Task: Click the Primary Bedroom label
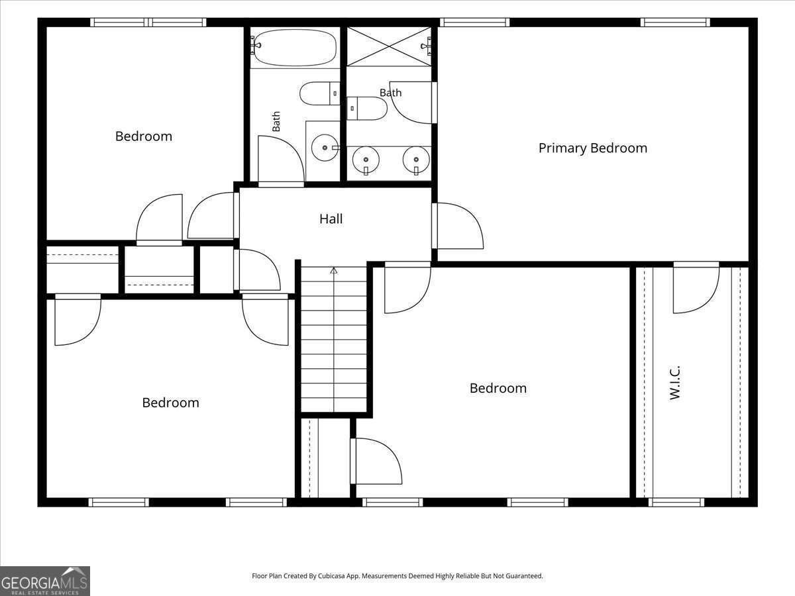tap(592, 148)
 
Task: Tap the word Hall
tap(331, 219)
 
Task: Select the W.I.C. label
tap(674, 383)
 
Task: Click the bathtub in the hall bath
tap(294, 48)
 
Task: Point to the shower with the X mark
tap(390, 46)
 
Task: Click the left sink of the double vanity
tap(366, 160)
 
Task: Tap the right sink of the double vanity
tap(416, 160)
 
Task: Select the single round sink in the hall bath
tap(325, 148)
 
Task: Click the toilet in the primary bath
tap(367, 108)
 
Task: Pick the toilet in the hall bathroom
tap(320, 93)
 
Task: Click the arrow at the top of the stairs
tap(334, 270)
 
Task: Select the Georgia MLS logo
tap(45, 581)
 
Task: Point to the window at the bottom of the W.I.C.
tap(676, 502)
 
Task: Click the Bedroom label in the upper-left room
tap(144, 136)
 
